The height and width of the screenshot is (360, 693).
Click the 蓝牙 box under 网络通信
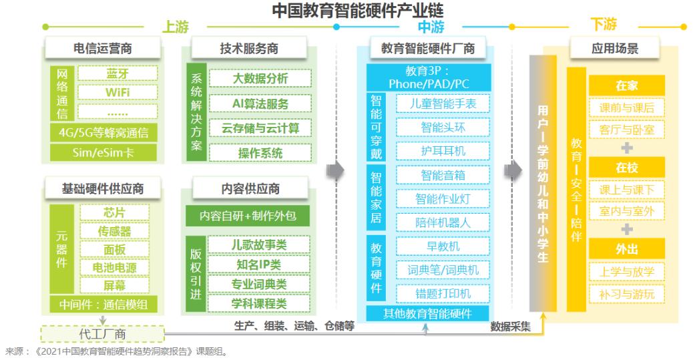pyautogui.click(x=118, y=73)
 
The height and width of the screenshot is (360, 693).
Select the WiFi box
pyautogui.click(x=118, y=92)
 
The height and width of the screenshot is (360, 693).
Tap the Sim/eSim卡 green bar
pyautogui.click(x=103, y=152)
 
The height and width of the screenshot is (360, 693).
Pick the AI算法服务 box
pyautogui.click(x=260, y=104)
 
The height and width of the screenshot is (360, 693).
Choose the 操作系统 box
pyautogui.click(x=260, y=153)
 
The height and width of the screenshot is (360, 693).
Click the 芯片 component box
pyautogui.click(x=114, y=212)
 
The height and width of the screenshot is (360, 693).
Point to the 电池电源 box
pyautogui.click(x=114, y=268)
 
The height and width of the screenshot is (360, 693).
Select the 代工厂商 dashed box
pyautogui.click(x=103, y=334)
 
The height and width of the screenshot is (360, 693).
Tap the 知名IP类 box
pyautogui.click(x=259, y=265)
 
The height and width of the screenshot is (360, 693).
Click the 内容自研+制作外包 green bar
pyautogui.click(x=248, y=216)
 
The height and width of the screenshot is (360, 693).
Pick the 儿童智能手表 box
pyautogui.click(x=443, y=104)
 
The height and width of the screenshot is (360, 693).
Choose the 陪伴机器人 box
pyautogui.click(x=443, y=222)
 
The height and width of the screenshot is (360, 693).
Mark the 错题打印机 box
pyautogui.click(x=443, y=294)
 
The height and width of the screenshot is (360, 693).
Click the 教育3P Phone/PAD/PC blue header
pyautogui.click(x=428, y=77)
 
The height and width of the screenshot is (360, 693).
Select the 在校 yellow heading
pyautogui.click(x=627, y=168)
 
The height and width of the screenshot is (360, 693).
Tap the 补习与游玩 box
pyautogui.click(x=627, y=295)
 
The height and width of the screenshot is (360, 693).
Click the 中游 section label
pyautogui.click(x=431, y=27)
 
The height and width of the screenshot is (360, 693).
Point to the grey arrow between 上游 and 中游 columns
pyautogui.click(x=335, y=170)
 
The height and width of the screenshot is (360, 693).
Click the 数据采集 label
pyautogui.click(x=511, y=327)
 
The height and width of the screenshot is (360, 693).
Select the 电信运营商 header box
pyautogui.click(x=103, y=48)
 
